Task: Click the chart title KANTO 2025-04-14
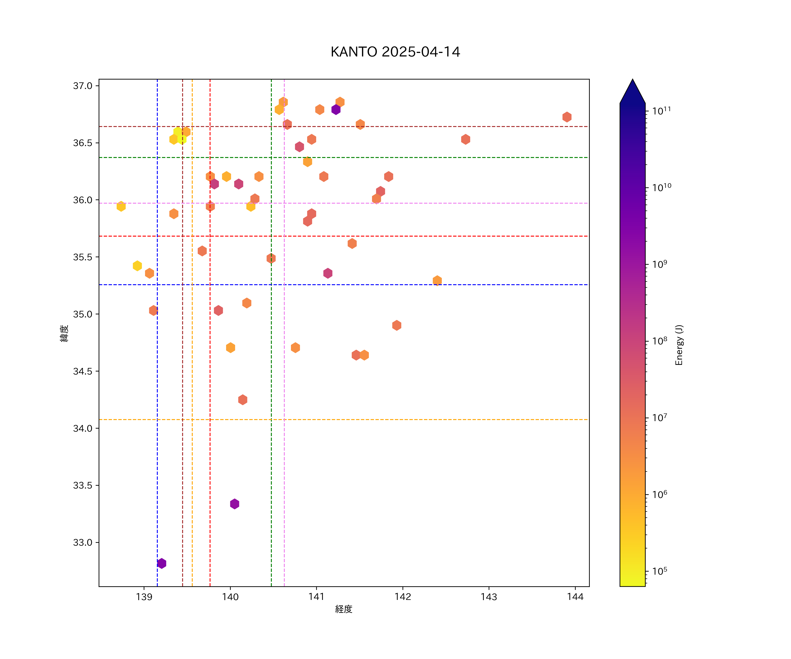[395, 52]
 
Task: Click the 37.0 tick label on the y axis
[82, 86]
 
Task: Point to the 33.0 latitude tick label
[82, 542]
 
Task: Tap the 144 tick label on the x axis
[575, 597]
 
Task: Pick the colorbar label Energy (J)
[679, 345]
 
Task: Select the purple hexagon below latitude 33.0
[161, 563]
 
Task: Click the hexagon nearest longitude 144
[567, 117]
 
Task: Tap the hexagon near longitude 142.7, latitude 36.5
[466, 139]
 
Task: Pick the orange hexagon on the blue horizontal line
[437, 281]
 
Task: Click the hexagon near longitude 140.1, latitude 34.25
[243, 400]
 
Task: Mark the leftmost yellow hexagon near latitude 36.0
[121, 206]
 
